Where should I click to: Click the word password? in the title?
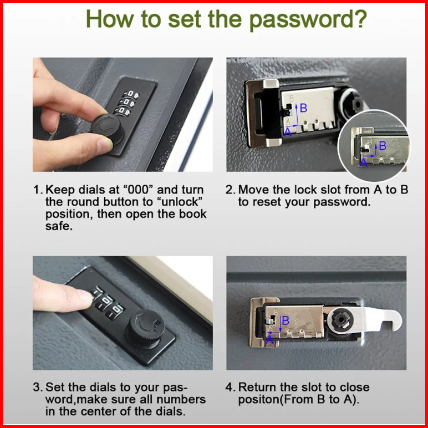308,19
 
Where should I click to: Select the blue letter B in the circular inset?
383,146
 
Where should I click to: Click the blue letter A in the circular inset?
363,162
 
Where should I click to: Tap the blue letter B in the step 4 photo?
286,320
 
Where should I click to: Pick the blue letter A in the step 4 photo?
269,340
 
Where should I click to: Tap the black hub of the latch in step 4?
343,319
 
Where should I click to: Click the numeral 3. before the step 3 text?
38,387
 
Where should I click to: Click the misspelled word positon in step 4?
259,400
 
